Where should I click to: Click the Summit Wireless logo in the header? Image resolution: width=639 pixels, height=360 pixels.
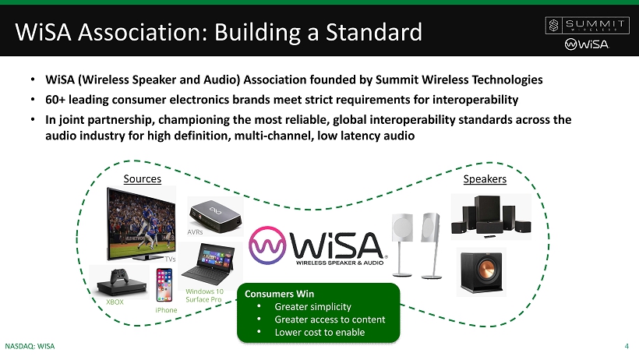pos(588,26)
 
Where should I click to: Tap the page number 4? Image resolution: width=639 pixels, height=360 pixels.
pos(627,347)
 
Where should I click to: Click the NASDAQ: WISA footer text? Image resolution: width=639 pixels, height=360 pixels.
pos(30,347)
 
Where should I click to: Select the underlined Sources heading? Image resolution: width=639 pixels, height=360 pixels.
pos(143,179)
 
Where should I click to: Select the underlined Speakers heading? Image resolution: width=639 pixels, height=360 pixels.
pos(485,179)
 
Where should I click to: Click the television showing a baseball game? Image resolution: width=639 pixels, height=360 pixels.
pos(141,224)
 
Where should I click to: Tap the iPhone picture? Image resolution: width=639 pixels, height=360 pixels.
pos(164,285)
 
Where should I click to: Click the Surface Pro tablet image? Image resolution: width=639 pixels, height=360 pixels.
pos(209,265)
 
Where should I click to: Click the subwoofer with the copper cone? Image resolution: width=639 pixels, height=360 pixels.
pos(482,272)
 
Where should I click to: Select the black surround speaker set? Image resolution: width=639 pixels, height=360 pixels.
pos(491,217)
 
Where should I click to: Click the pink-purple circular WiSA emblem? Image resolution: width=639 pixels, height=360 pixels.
pos(267,245)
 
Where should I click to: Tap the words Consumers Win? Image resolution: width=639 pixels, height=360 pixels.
pos(279,294)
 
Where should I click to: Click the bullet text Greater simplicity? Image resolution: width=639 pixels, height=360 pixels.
pos(312,306)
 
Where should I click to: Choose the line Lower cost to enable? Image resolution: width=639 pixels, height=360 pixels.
pos(319,332)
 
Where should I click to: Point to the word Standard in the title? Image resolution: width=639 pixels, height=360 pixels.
pos(374,32)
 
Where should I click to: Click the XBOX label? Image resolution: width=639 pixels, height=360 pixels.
pos(115,302)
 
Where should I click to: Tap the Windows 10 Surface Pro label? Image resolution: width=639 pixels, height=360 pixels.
pos(204,295)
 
